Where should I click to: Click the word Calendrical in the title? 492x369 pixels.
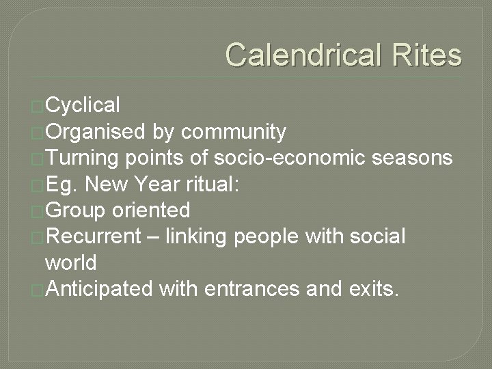(x=307, y=55)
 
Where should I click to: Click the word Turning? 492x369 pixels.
(x=85, y=158)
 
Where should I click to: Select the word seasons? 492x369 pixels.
(x=413, y=158)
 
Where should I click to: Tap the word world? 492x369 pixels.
(x=70, y=262)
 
